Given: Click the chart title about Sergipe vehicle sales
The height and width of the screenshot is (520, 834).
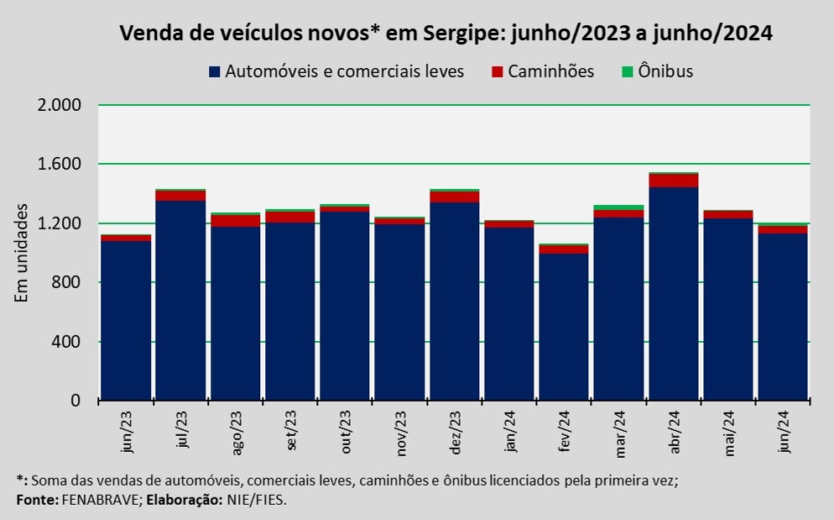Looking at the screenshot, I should [446, 34].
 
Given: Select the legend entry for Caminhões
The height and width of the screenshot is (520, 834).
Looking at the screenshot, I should [550, 71].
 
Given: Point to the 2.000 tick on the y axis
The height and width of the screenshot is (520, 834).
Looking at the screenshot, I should [58, 106].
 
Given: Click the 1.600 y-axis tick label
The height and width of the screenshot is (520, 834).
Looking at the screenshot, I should [58, 165].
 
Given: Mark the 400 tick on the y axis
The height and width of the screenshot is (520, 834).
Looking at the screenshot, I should [65, 342].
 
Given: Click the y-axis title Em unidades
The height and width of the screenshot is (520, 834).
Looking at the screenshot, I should [24, 253].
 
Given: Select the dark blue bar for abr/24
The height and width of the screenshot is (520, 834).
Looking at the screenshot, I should [673, 294].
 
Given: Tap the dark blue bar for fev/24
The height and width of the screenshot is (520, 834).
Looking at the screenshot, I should [564, 328].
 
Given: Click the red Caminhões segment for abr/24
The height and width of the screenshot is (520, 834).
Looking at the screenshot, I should [673, 181].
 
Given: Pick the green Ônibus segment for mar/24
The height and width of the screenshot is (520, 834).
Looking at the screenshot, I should [618, 207].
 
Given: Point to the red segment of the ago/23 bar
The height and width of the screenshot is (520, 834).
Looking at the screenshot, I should [235, 221].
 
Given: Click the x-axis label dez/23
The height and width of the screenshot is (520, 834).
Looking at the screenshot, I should [456, 433].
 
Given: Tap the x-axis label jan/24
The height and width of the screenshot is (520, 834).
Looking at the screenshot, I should [510, 433].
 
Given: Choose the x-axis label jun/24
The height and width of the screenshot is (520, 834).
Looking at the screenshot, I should [784, 433].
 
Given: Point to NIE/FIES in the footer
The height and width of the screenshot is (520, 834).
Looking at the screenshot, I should [258, 500].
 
